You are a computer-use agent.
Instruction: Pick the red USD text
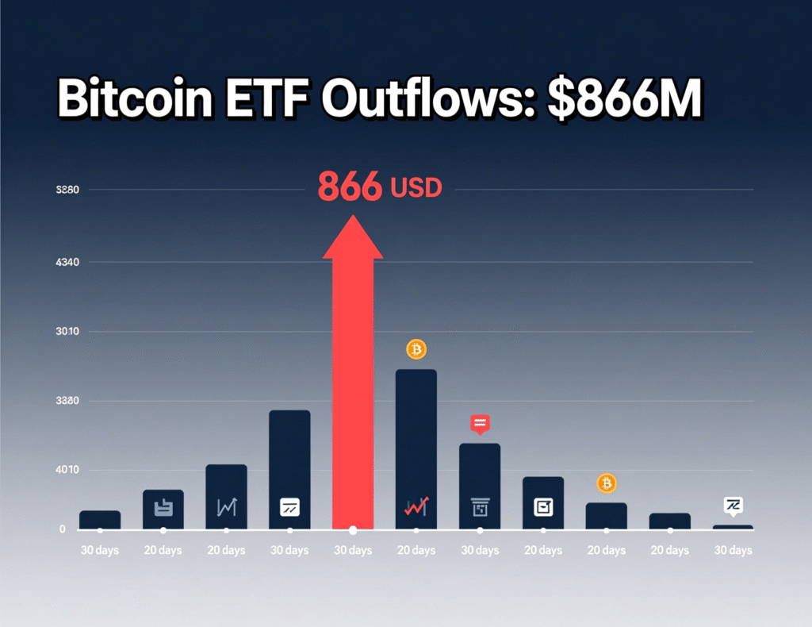416,188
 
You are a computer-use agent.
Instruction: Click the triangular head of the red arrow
353,237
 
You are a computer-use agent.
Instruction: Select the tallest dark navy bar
416,444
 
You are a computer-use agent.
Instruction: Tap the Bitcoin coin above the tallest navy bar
416,349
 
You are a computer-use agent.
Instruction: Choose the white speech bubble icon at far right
733,505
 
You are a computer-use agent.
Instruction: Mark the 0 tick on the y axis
62,529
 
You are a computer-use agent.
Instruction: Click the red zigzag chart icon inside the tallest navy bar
416,506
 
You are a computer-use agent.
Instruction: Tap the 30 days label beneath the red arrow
353,551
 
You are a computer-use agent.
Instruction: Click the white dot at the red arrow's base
353,529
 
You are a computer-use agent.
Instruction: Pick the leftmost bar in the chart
100,520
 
